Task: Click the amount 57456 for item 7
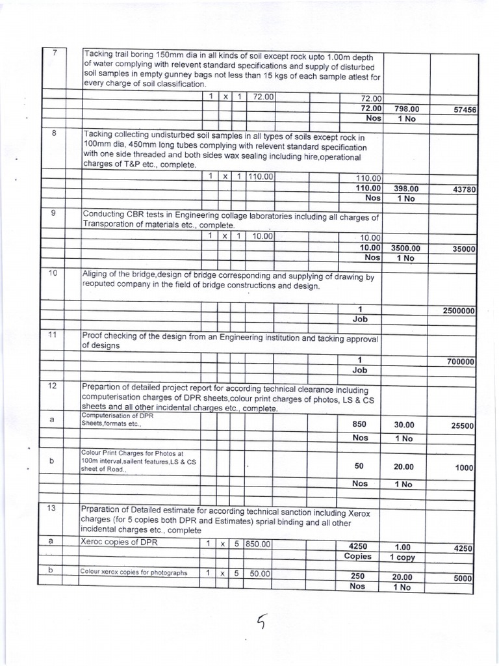[463, 111]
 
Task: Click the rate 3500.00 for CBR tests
[405, 248]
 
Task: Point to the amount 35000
[463, 248]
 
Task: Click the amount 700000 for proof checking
[461, 361]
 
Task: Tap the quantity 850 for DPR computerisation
[359, 424]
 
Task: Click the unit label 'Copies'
[359, 557]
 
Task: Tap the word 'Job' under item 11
[359, 369]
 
